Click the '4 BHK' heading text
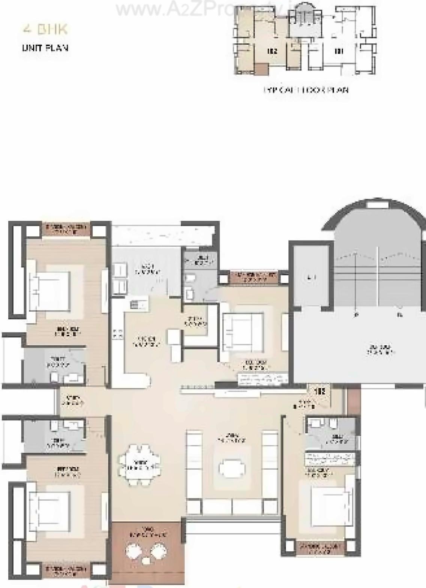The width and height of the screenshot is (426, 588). click(45, 29)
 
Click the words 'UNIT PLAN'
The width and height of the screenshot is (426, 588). click(45, 48)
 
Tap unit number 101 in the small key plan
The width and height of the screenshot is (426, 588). click(338, 51)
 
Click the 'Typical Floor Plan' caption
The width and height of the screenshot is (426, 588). click(306, 90)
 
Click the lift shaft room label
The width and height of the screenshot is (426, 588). click(310, 278)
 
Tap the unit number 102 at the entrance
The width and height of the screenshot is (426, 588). click(319, 392)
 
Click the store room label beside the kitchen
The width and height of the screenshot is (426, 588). click(195, 321)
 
